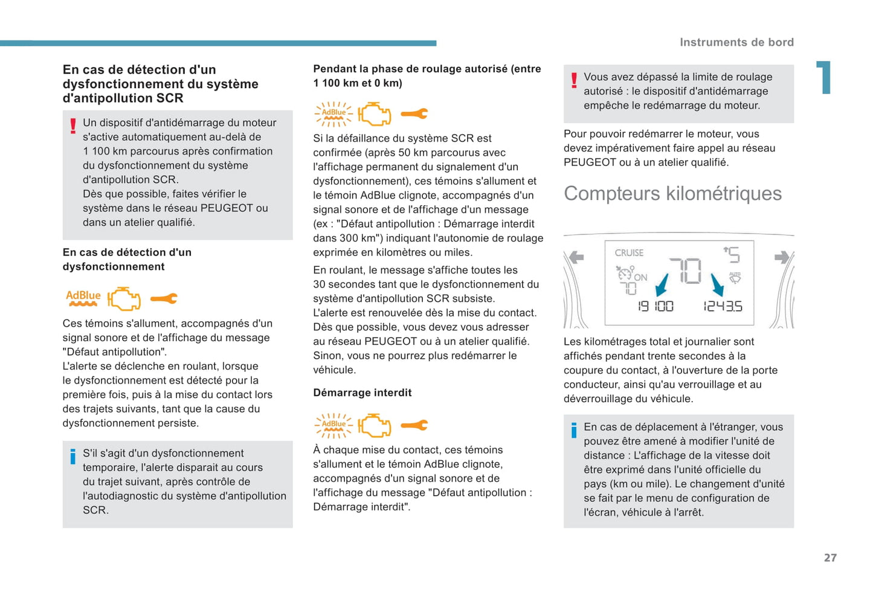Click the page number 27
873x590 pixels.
(830, 557)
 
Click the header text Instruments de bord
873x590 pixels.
(736, 42)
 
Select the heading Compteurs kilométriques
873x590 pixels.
(672, 193)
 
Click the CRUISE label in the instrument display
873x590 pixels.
(629, 252)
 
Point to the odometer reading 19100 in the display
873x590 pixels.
(656, 306)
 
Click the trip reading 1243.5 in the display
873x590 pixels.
(723, 306)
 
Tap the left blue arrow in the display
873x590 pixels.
(662, 284)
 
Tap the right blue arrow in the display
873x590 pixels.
(717, 284)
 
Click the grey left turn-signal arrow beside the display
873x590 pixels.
(576, 258)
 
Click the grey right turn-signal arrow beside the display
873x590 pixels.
(782, 258)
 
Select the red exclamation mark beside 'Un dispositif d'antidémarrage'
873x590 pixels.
(73, 126)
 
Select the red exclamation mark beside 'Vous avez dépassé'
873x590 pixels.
(574, 80)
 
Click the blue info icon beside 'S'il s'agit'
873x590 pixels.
(73, 457)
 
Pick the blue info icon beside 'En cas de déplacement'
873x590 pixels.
(574, 430)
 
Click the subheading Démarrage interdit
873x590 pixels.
(362, 393)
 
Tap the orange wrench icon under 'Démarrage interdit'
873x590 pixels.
(414, 425)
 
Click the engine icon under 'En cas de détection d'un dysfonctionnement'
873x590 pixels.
(124, 298)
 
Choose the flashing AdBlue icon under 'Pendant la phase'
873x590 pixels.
(333, 114)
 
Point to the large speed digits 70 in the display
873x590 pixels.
(685, 271)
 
